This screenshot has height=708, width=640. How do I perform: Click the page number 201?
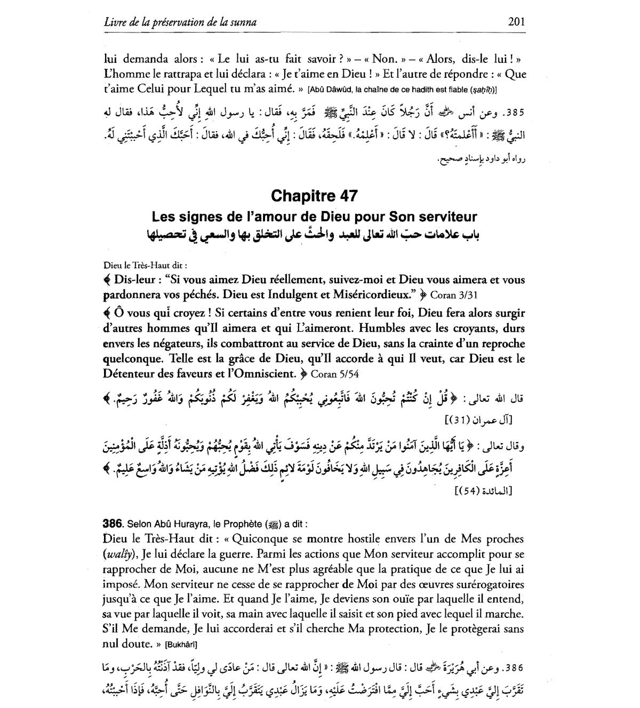click(516, 22)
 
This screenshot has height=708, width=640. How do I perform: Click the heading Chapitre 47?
click(314, 196)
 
